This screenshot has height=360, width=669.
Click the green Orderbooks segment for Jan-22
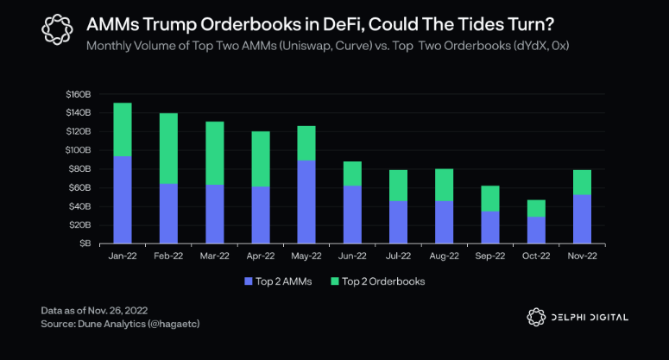(x=123, y=129)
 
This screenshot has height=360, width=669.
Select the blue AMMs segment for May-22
(x=306, y=202)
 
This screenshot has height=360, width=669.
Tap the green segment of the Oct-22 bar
(x=536, y=209)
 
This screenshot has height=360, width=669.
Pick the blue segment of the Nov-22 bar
(x=582, y=219)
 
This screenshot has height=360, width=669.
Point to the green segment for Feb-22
(x=168, y=148)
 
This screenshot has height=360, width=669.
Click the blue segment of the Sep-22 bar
(x=490, y=227)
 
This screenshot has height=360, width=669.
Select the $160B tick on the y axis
(x=79, y=94)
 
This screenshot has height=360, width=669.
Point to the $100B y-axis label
(x=78, y=150)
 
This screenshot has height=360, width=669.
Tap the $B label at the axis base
(x=85, y=243)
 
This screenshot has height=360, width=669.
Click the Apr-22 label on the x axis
(x=261, y=256)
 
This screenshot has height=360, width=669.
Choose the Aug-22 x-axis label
(x=445, y=256)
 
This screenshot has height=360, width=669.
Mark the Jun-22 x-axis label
(x=352, y=256)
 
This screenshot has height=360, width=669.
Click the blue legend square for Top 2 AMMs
(x=249, y=281)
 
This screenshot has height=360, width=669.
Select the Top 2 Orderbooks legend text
(x=383, y=281)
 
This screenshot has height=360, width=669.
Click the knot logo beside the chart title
(x=57, y=29)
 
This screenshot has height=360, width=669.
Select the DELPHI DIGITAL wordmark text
(x=590, y=318)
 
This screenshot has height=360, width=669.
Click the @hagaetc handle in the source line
(x=174, y=324)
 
